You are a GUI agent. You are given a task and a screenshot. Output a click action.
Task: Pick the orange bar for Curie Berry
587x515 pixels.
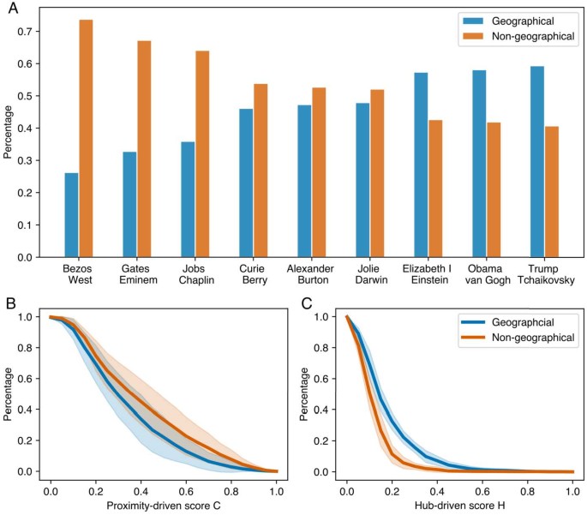[261, 171]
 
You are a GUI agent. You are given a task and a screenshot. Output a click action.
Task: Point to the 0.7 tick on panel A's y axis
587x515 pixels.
[27, 32]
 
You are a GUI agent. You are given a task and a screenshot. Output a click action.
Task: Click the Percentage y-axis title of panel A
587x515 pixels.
[9, 134]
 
